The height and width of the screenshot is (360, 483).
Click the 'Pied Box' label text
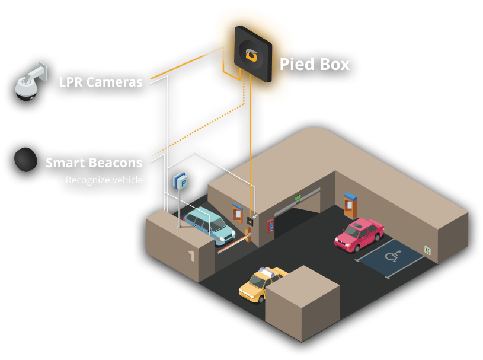[315, 63]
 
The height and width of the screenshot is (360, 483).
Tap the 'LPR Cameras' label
[101, 82]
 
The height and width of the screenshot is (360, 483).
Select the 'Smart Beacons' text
[94, 163]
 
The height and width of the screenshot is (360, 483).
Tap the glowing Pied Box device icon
[251, 53]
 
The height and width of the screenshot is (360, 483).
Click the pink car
[359, 234]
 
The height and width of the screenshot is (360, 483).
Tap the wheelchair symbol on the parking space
[392, 256]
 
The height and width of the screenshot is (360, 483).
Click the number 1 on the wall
[191, 256]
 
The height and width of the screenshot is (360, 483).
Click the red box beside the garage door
[271, 226]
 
